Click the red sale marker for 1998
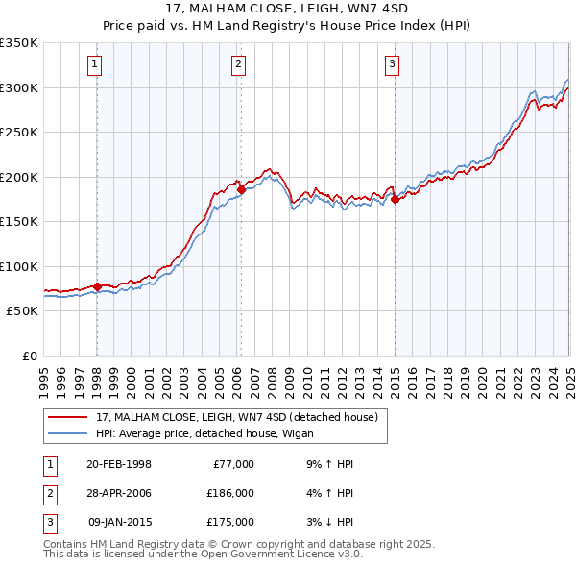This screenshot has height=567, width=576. pos(97,286)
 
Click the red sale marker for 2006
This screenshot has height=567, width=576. pos(241,190)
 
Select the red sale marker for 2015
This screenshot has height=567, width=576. pos(395,200)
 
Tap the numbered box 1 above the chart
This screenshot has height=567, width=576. pos(96,64)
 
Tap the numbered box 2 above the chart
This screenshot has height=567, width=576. pos(237,64)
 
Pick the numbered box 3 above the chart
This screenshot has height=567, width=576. pos(393,64)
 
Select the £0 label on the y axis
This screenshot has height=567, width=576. pos(28,356)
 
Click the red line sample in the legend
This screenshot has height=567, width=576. pos(68,418)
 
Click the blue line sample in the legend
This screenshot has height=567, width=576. pos(68,433)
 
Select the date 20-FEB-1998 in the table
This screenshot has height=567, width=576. pos(118,464)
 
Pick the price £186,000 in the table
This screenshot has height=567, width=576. pos(230,493)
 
